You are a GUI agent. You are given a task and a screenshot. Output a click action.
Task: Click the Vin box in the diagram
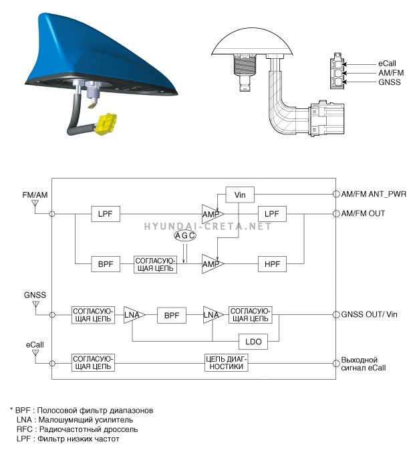[x=241, y=195]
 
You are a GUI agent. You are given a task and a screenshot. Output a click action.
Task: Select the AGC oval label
[x=184, y=236]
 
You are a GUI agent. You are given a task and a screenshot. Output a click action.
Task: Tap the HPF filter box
[x=271, y=263]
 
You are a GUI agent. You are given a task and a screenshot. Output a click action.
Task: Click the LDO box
[x=253, y=342]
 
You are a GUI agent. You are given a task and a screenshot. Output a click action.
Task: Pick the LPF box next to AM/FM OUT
[x=271, y=214]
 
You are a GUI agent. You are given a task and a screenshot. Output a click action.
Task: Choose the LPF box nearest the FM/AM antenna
[x=105, y=214]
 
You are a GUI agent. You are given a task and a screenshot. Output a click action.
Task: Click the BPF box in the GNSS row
[x=171, y=315]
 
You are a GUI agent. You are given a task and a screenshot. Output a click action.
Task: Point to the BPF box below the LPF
[x=105, y=263]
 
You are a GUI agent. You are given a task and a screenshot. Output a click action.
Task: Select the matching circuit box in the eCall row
[x=94, y=363]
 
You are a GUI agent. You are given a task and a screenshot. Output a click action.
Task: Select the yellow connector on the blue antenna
[x=104, y=122]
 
